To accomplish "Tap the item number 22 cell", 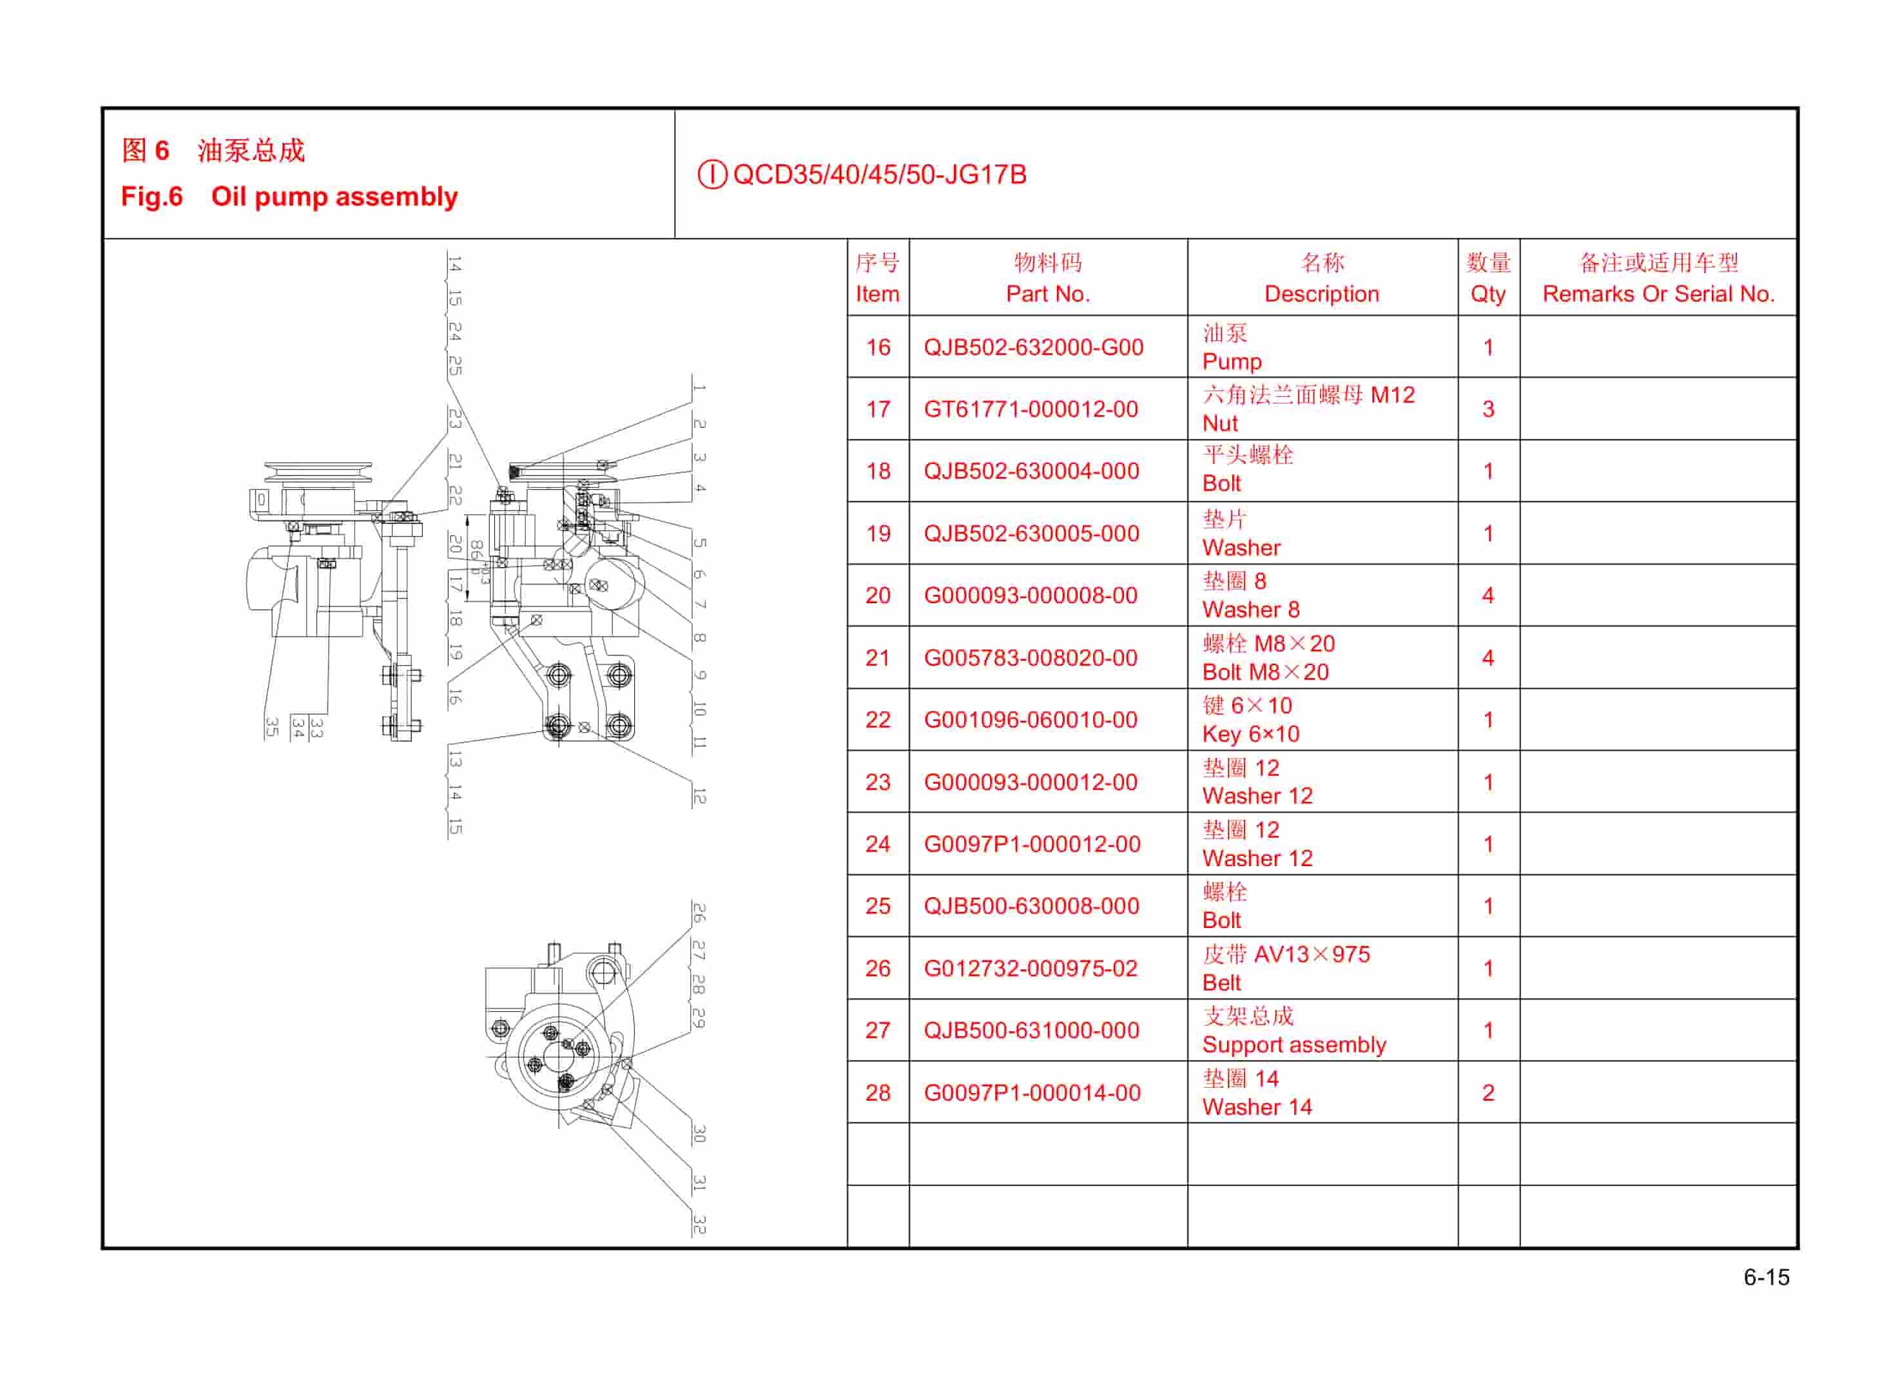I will pyautogui.click(x=877, y=720).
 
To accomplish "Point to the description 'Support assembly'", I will pyautogui.click(x=1294, y=1045).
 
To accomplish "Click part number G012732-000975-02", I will pyautogui.click(x=1031, y=969).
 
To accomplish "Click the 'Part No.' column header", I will pyautogui.click(x=1047, y=294).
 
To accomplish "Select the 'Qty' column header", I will pyautogui.click(x=1488, y=294).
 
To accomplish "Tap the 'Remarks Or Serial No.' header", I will pyautogui.click(x=1658, y=294).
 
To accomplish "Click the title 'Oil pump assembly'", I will pyautogui.click(x=334, y=197).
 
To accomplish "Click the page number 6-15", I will pyautogui.click(x=1766, y=1277).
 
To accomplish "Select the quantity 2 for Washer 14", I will pyautogui.click(x=1488, y=1092).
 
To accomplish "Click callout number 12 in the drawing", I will pyautogui.click(x=699, y=796).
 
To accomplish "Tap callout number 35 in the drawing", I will pyautogui.click(x=271, y=727).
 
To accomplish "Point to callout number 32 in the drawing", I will pyautogui.click(x=699, y=1225).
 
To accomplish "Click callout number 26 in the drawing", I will pyautogui.click(x=699, y=913).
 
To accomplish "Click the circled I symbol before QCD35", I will pyautogui.click(x=712, y=175).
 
